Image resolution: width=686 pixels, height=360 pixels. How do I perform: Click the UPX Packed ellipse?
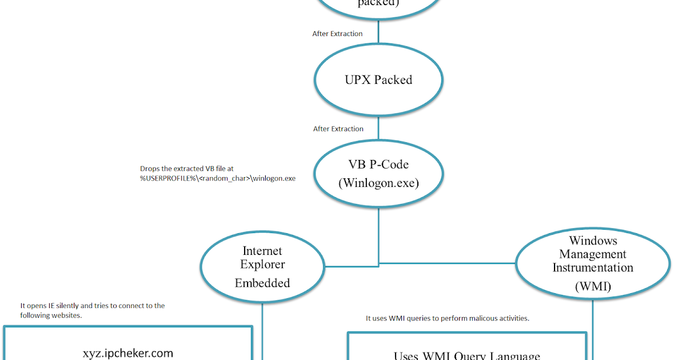[x=378, y=79]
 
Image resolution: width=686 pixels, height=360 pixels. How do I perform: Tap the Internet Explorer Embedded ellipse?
[x=262, y=266]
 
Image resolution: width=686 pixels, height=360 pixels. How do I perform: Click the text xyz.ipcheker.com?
[x=127, y=353]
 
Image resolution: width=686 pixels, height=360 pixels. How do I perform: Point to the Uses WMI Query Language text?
[x=466, y=355]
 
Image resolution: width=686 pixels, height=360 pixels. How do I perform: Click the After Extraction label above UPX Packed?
[x=337, y=34]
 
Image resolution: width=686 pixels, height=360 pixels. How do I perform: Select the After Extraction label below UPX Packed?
[x=338, y=129]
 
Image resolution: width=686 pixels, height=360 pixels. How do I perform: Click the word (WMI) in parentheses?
[x=593, y=287]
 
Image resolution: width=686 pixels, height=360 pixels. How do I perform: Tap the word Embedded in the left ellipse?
[x=262, y=283]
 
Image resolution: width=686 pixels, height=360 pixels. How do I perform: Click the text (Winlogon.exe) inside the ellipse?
[x=378, y=183]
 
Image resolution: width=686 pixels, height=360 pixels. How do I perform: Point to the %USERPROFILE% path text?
[x=218, y=178]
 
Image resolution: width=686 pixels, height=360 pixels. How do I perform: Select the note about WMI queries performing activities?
[x=447, y=318]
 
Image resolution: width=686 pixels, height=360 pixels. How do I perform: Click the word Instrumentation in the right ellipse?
[x=593, y=267]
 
